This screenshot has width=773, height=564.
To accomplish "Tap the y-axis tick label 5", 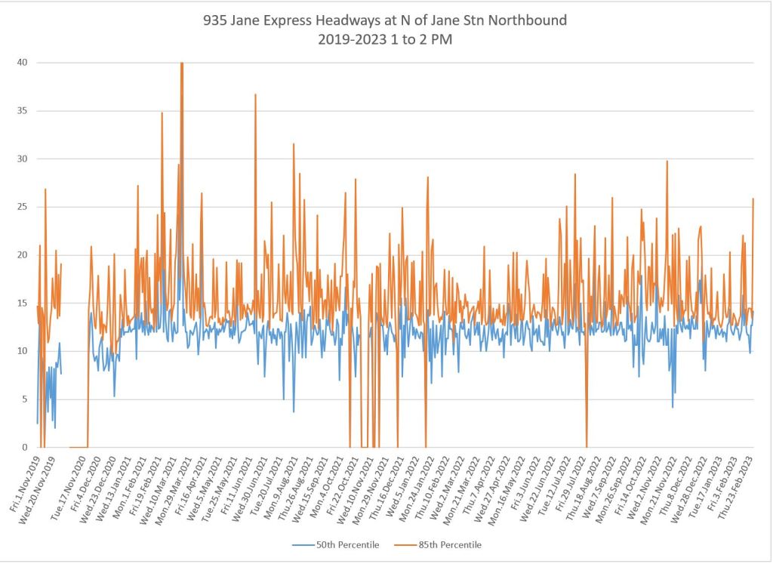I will pyautogui.click(x=25, y=399).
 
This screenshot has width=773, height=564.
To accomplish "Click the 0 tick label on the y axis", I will pyautogui.click(x=25, y=447).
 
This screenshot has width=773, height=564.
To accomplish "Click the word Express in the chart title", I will pyautogui.click(x=285, y=20).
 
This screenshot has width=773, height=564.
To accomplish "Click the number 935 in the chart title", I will pyautogui.click(x=215, y=20).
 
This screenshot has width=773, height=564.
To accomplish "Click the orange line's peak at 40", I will pyautogui.click(x=182, y=63).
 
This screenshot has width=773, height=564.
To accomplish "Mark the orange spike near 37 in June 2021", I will pyautogui.click(x=256, y=94).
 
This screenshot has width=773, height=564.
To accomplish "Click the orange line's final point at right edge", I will pyautogui.click(x=753, y=199).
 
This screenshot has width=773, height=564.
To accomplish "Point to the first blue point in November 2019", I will pyautogui.click(x=37, y=423).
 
